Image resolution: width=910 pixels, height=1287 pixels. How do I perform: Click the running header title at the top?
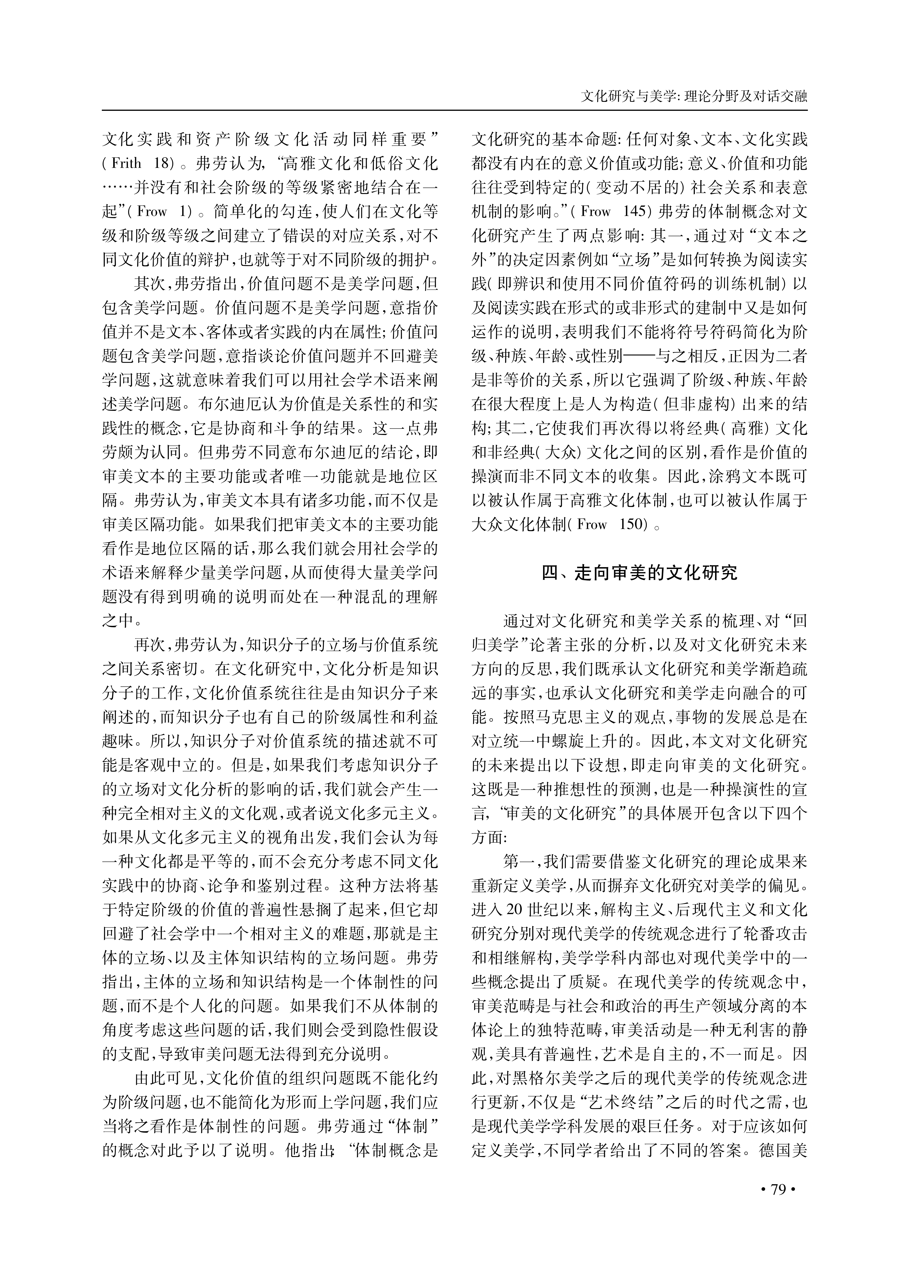[694, 96]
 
